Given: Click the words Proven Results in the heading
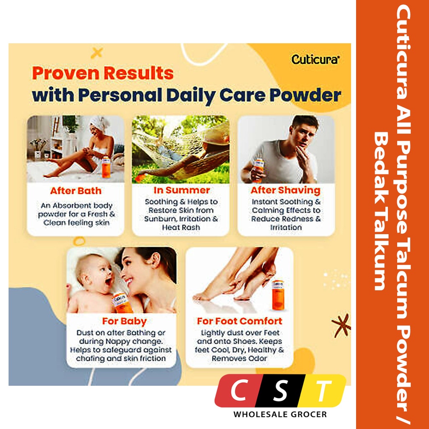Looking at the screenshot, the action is [x=103, y=73].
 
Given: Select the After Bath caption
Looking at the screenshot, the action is [x=76, y=191].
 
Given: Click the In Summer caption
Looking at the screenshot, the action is [x=182, y=190].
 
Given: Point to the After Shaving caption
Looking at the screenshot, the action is [x=285, y=191].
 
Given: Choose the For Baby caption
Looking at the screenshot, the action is [x=124, y=321].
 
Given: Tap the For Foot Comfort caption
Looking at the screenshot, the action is [x=239, y=321].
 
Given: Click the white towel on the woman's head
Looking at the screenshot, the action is [x=100, y=123].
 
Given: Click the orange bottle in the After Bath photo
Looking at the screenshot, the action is [x=106, y=167].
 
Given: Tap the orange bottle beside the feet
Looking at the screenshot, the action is [x=278, y=295].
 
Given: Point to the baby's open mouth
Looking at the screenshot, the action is [x=109, y=281].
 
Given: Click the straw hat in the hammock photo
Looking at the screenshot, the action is [x=216, y=134].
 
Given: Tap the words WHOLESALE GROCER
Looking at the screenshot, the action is [x=280, y=414].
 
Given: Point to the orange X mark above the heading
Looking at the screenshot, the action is [x=97, y=52].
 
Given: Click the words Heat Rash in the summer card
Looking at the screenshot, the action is [x=181, y=227].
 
